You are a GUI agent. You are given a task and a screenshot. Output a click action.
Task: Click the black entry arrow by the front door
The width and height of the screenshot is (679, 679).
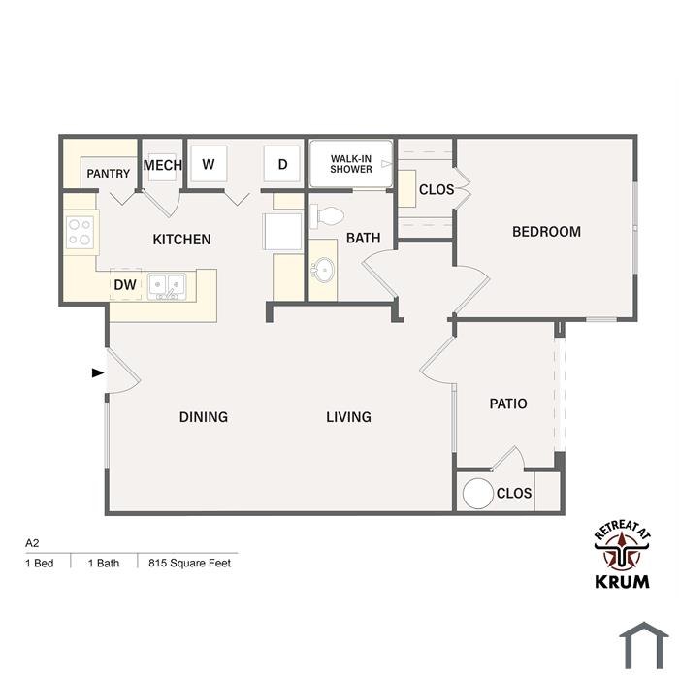(98, 372)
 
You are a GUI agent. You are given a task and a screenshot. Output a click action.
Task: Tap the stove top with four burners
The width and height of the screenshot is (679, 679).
(81, 232)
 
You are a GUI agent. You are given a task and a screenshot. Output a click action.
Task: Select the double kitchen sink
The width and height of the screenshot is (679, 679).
(167, 286)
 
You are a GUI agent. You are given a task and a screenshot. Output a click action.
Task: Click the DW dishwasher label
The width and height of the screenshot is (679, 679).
(125, 285)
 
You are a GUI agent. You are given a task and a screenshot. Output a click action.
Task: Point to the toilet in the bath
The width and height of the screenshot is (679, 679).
(327, 215)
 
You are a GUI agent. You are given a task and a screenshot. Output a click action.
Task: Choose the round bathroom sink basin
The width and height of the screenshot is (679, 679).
(323, 271)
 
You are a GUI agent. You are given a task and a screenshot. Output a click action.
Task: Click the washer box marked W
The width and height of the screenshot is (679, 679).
(209, 164)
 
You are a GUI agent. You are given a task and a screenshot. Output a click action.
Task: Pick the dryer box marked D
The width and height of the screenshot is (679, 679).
(282, 164)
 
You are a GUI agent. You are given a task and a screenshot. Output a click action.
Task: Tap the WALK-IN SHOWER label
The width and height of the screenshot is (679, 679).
(351, 164)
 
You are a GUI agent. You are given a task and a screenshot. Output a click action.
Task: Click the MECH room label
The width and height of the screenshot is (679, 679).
(162, 165)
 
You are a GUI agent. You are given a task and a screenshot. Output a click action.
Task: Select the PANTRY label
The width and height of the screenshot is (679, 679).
(109, 174)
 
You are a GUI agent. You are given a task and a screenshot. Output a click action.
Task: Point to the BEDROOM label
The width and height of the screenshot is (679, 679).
(546, 232)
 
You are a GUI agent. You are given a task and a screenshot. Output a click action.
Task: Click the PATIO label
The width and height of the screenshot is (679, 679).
(508, 404)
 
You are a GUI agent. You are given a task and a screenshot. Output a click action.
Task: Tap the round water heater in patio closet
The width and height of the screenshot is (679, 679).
(478, 493)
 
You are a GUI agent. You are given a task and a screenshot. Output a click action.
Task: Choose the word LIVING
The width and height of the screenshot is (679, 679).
(348, 416)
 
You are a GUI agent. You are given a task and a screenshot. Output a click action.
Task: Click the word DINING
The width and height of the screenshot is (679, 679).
(204, 416)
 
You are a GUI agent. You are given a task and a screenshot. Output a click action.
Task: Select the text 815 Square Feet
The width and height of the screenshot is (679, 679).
(190, 563)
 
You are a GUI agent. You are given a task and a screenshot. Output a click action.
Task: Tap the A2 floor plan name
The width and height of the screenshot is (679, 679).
(32, 543)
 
